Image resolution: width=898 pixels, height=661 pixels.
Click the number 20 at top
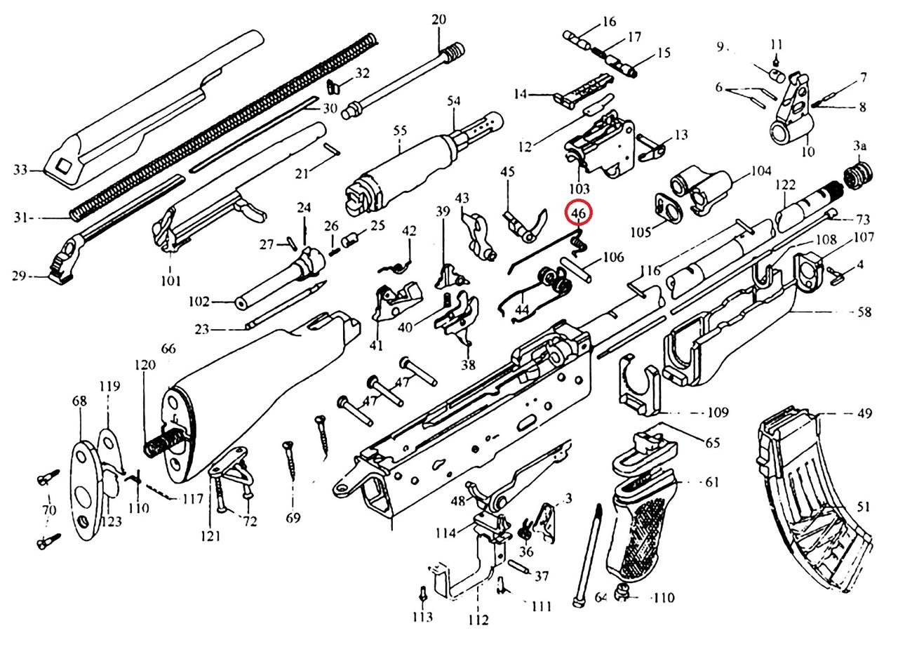tap(438, 20)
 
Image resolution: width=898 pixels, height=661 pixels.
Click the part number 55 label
tap(400, 131)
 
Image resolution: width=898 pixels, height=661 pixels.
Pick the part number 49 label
tap(864, 413)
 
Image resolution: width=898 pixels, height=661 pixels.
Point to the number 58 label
tap(864, 312)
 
